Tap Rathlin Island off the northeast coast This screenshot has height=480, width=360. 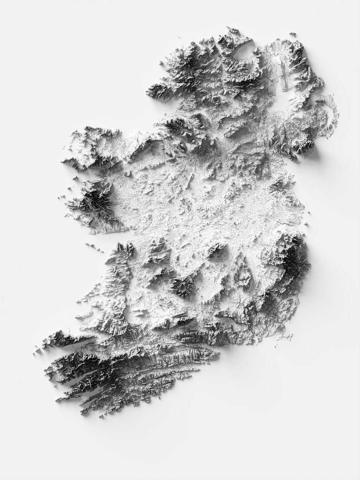pos(293,34)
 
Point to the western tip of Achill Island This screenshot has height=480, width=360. pos(63,138)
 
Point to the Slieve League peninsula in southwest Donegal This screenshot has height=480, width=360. pos(152,91)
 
